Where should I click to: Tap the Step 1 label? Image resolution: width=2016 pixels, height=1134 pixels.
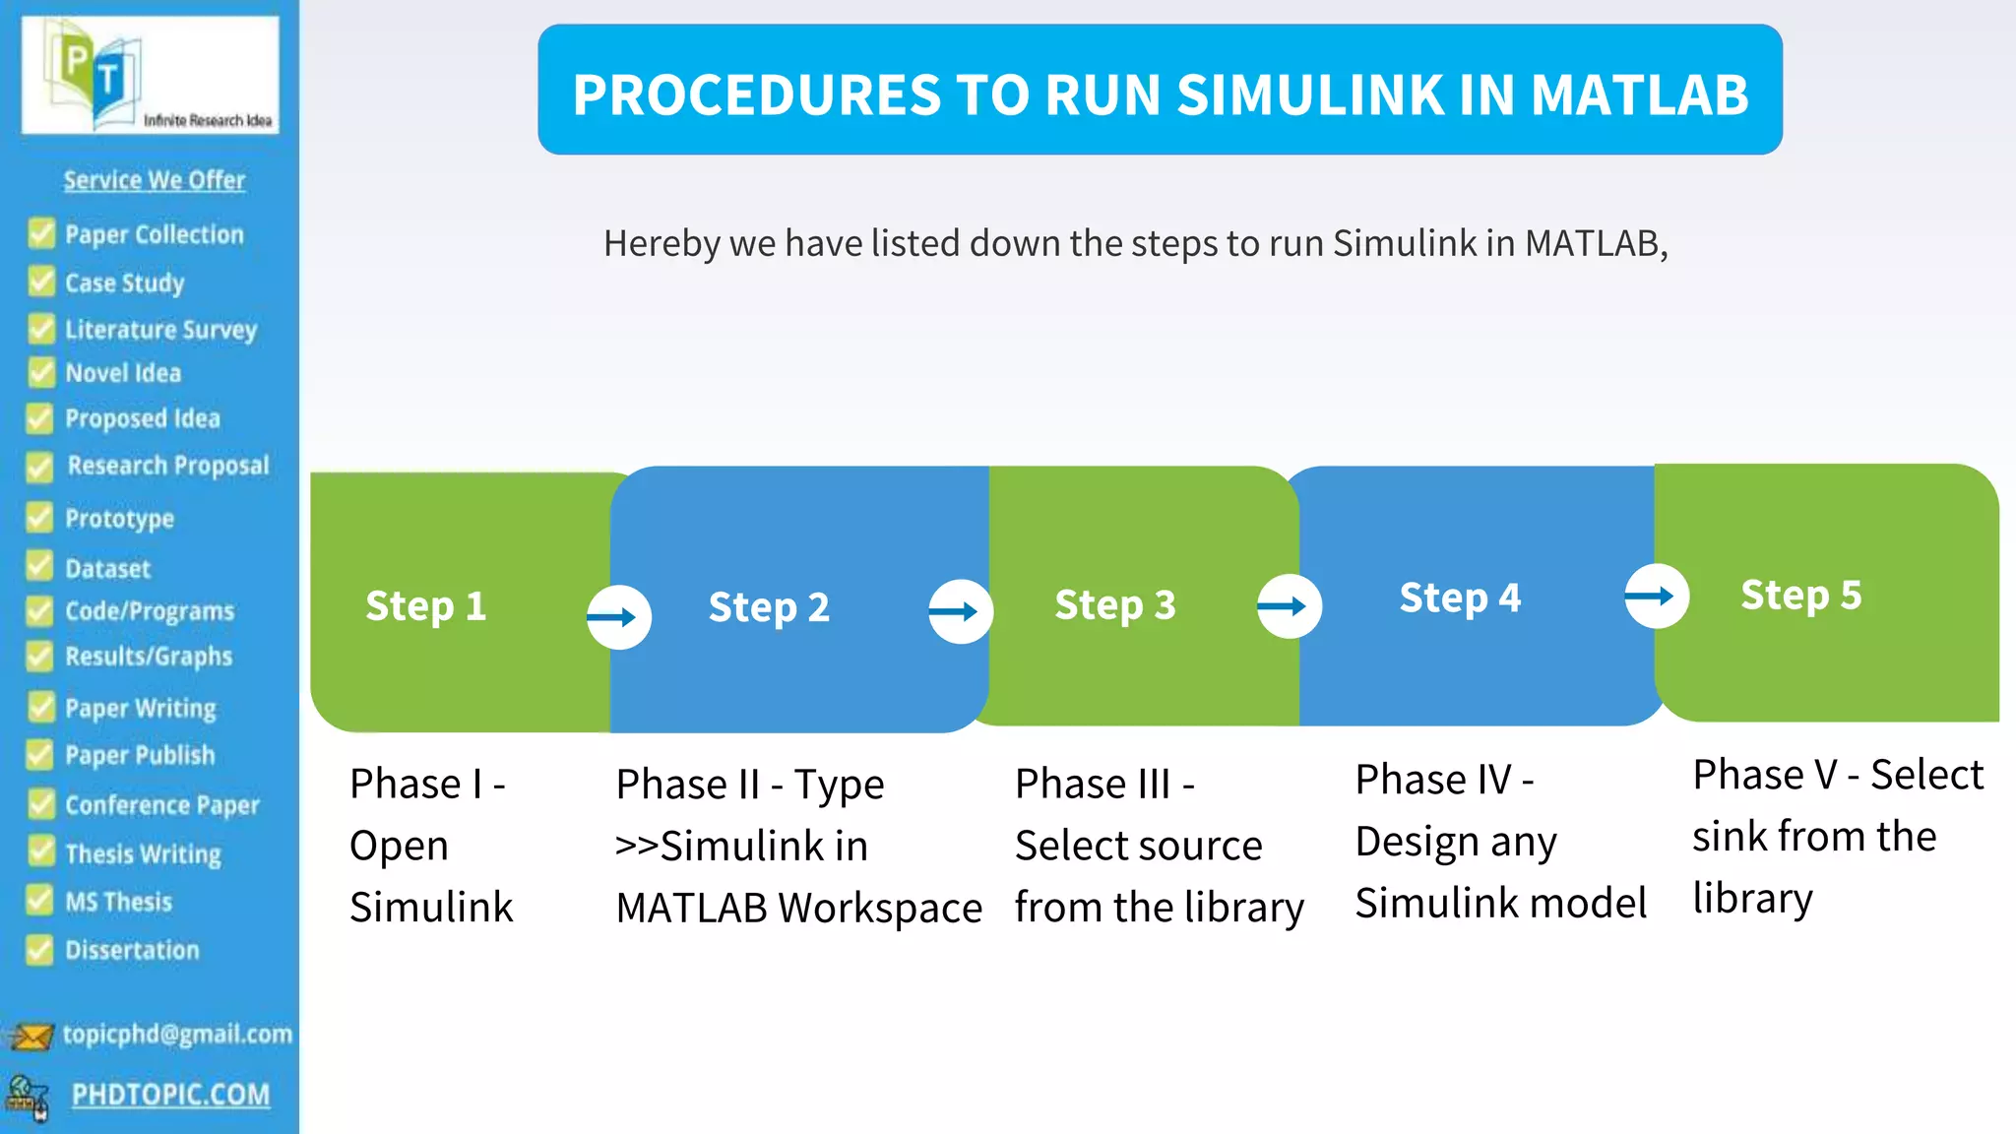pyautogui.click(x=425, y=606)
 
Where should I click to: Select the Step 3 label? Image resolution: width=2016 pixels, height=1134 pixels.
pyautogui.click(x=1114, y=605)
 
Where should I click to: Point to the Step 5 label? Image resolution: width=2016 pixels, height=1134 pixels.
pyautogui.click(x=1800, y=596)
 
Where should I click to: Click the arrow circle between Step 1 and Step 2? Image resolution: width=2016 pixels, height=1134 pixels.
pyautogui.click(x=618, y=617)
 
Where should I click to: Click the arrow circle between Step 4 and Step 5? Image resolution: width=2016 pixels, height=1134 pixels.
pyautogui.click(x=1656, y=596)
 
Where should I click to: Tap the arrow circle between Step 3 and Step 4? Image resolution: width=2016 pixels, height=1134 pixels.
pyautogui.click(x=1289, y=606)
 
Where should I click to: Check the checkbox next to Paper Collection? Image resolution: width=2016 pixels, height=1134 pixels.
pyautogui.click(x=41, y=233)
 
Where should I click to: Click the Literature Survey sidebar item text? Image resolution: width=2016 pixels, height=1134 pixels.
pyautogui.click(x=160, y=330)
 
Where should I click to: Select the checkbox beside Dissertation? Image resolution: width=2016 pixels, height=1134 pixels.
pyautogui.click(x=39, y=950)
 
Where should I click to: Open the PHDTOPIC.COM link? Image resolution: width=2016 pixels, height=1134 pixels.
pyautogui.click(x=170, y=1095)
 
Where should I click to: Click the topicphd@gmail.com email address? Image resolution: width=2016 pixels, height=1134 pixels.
pyautogui.click(x=177, y=1034)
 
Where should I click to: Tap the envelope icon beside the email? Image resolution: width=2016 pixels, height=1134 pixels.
pyautogui.click(x=31, y=1037)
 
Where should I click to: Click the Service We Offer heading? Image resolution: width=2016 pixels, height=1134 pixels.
pyautogui.click(x=155, y=180)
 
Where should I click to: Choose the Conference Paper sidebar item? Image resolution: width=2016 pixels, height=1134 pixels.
pyautogui.click(x=162, y=805)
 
